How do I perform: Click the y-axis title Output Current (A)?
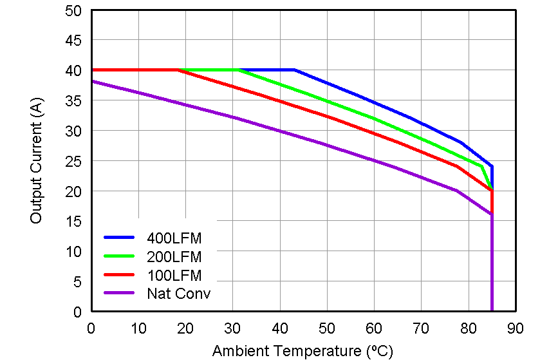(x=36, y=161)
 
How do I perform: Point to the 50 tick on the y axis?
(x=73, y=10)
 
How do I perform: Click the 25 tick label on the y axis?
(x=73, y=161)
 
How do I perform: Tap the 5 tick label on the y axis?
(x=77, y=281)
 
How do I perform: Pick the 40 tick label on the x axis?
(x=280, y=328)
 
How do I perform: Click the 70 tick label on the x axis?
(x=422, y=328)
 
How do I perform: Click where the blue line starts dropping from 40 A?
(x=294, y=70)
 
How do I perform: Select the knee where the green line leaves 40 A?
(x=238, y=70)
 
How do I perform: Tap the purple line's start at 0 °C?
(x=91, y=81)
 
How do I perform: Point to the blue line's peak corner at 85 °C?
(x=492, y=167)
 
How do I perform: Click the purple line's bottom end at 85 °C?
(x=492, y=311)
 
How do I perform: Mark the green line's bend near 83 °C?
(x=481, y=167)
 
